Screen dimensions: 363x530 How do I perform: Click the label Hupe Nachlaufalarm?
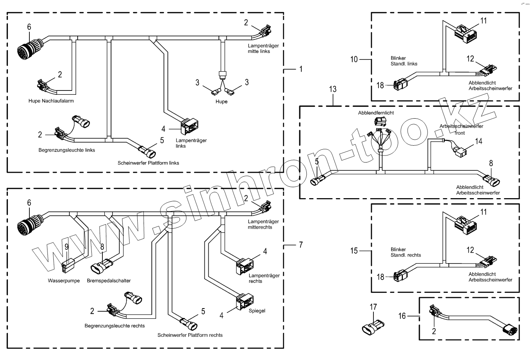(x=51, y=101)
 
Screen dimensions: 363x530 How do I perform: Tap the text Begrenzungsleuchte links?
(x=67, y=150)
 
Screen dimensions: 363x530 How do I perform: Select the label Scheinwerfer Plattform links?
(x=148, y=163)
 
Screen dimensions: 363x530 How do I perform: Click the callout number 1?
(x=301, y=69)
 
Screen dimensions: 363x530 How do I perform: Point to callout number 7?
(x=301, y=245)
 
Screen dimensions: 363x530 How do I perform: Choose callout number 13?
(x=333, y=90)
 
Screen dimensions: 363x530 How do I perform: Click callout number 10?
(x=354, y=60)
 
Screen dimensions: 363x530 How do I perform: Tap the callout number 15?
(x=354, y=251)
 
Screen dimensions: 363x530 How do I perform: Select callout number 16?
(x=402, y=316)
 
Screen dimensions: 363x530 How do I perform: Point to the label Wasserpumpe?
(x=64, y=281)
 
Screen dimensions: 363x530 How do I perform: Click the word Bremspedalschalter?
(x=109, y=281)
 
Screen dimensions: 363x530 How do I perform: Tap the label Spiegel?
(x=257, y=311)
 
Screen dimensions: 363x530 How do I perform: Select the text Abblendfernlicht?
(x=376, y=113)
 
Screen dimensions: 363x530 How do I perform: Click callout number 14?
(x=479, y=141)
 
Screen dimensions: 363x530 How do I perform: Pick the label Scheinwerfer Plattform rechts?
(x=190, y=335)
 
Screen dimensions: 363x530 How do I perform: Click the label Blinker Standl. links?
(x=404, y=61)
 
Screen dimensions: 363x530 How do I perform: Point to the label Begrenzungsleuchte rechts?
(x=115, y=326)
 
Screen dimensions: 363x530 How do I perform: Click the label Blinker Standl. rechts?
(x=406, y=252)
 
